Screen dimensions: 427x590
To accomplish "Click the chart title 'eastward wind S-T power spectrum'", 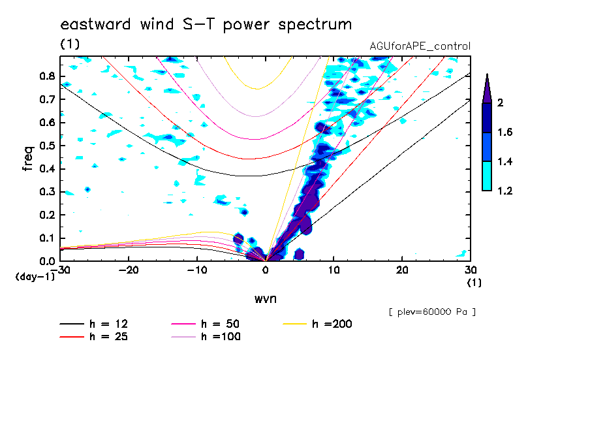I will click(x=206, y=25).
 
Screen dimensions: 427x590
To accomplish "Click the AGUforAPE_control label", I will click(x=420, y=46).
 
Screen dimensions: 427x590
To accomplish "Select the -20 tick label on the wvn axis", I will click(x=129, y=270).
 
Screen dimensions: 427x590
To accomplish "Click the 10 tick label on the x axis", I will click(x=334, y=270).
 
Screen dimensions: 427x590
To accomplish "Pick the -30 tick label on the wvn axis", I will click(x=60, y=270).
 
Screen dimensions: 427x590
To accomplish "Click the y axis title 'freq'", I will click(x=28, y=158).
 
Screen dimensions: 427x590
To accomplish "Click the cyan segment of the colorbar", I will click(x=487, y=176).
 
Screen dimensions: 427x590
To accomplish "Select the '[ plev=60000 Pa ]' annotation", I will click(x=432, y=312).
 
